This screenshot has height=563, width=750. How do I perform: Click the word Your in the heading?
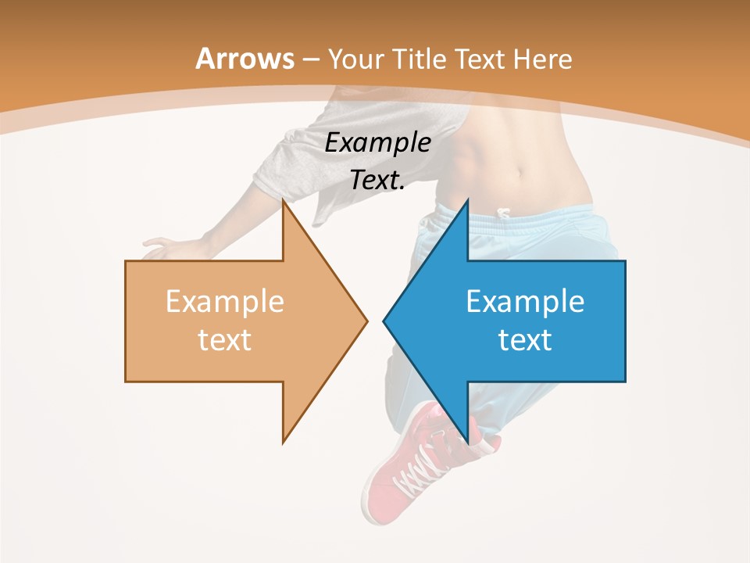pos(356,59)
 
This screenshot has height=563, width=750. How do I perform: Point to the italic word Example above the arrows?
pos(377,142)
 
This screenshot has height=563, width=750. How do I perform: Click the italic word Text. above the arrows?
pos(377,180)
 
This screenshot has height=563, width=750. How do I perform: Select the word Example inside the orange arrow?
pos(224,302)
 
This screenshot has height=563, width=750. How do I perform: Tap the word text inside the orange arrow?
pos(224,340)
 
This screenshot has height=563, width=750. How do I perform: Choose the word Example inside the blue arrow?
pos(525,302)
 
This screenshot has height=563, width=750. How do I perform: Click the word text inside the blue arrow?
pos(525,340)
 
